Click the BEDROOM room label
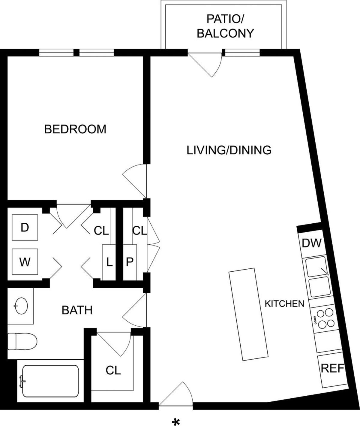pos(75,129)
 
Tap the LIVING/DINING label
pos(229,150)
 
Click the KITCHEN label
pos(284,304)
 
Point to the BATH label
pos(77,310)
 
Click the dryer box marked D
pos(25,227)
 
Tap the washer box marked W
pos(25,262)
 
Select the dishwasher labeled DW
pos(312,243)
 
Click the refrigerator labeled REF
pos(332,368)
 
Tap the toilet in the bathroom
pos(22,341)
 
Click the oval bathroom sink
pos(21,306)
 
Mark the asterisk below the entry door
pos(176,420)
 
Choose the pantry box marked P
pos(130,262)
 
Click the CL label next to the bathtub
pos(113,370)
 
